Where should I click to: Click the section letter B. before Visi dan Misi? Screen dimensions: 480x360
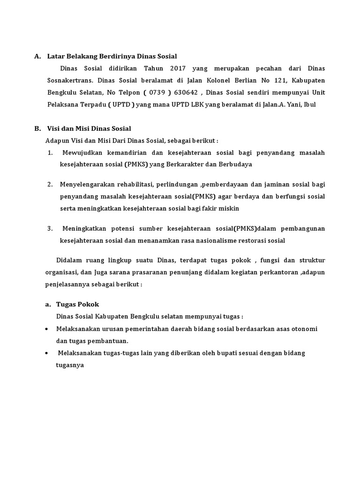point(37,128)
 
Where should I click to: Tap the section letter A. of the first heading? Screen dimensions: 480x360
point(37,57)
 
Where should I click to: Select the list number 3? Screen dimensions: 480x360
point(50,228)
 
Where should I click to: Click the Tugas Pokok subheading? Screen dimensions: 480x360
point(77,304)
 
